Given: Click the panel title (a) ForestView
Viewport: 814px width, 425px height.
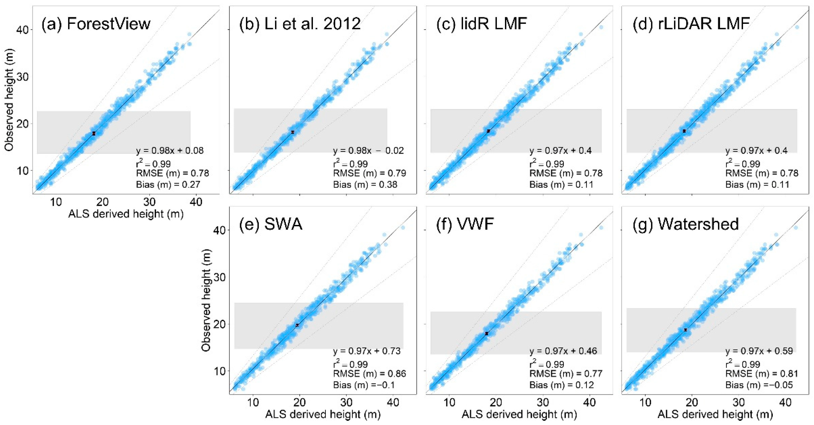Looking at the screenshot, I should click(x=96, y=24).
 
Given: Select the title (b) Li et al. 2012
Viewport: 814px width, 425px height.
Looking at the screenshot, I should click(x=299, y=24).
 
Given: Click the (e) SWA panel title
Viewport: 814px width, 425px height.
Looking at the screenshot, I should click(x=271, y=224).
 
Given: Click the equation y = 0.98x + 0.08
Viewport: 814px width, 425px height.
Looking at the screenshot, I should click(x=170, y=151).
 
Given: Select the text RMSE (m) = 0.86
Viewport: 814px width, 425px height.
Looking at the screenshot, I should click(x=369, y=374).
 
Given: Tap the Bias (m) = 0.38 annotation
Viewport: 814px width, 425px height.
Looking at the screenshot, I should click(x=365, y=184).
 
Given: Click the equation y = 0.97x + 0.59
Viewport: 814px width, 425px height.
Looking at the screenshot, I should click(x=759, y=351).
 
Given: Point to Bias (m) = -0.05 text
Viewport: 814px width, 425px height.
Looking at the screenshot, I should click(x=759, y=385).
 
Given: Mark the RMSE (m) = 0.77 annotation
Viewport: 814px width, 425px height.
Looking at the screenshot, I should click(x=566, y=374).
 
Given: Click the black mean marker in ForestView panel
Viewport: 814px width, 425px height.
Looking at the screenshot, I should click(x=94, y=133).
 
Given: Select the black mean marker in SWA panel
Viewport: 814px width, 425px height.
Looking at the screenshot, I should click(x=297, y=325).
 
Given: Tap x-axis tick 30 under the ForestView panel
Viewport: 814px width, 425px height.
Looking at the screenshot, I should click(x=149, y=201).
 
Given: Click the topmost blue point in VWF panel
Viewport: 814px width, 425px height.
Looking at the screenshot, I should click(x=601, y=227).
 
